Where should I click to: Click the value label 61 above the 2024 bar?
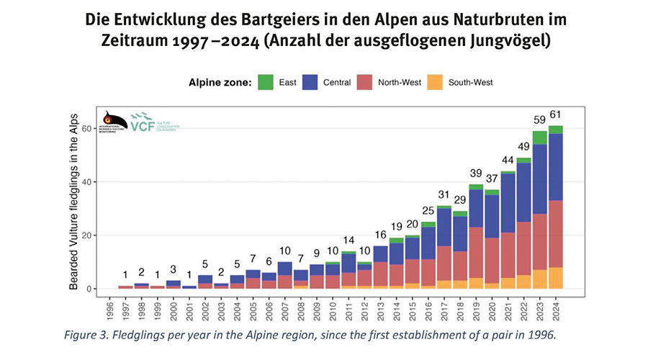[555, 113]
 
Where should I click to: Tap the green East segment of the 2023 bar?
[540, 138]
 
